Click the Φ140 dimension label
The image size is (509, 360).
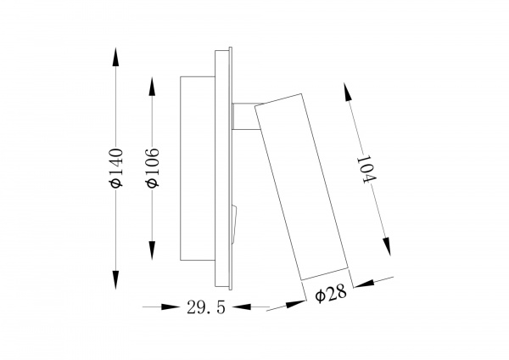115,170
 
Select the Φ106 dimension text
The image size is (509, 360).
153,170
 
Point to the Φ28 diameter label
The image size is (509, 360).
330,295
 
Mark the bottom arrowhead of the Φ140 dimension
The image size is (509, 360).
115,286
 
